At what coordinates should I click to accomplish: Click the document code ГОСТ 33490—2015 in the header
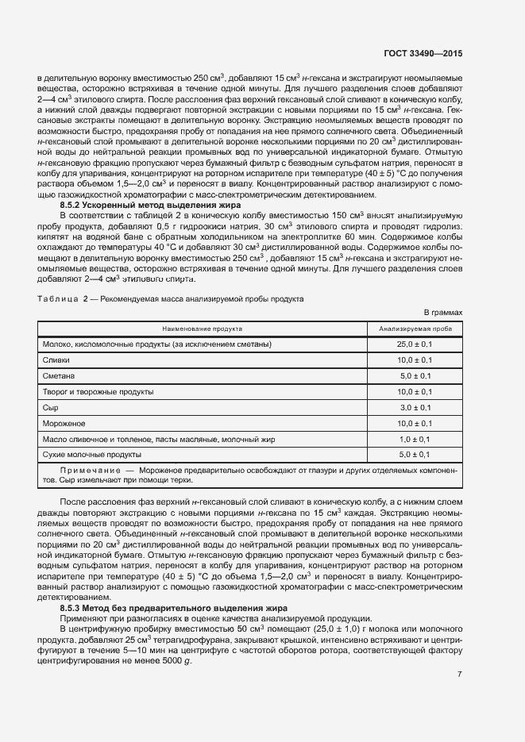pos(428,53)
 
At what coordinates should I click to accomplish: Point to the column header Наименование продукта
pos(203,328)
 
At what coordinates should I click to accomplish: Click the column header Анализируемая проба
pos(415,328)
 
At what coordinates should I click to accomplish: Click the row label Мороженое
pos(64,423)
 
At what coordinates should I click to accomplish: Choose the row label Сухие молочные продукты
pos(91,455)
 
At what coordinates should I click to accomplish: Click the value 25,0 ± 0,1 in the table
pos(415,344)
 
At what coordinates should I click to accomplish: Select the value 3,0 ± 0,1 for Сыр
pos(415,407)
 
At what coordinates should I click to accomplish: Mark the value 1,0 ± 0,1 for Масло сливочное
pos(415,439)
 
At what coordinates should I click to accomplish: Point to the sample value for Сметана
pos(415,375)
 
